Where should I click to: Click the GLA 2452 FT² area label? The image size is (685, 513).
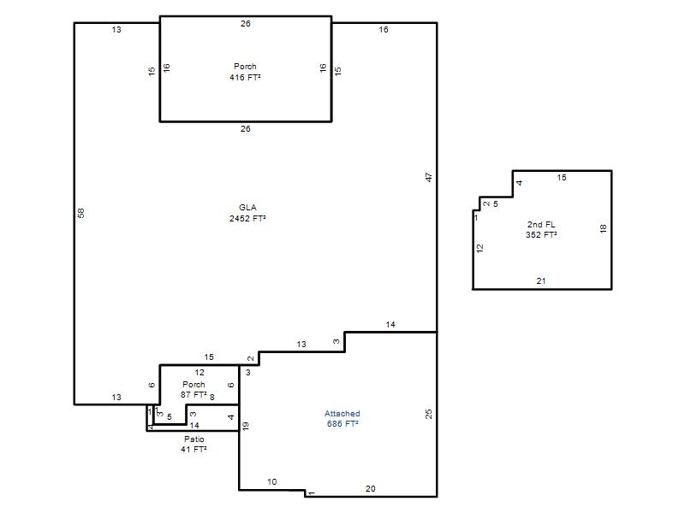[x=247, y=213]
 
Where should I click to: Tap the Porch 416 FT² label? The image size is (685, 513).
[x=245, y=72]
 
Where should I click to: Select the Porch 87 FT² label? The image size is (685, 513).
[x=194, y=390]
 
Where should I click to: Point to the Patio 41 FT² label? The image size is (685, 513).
[x=194, y=444]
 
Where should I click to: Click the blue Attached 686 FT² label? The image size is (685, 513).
[x=342, y=418]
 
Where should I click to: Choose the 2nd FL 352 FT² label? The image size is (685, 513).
[x=541, y=229]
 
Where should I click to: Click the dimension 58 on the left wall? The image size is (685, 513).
[x=80, y=213]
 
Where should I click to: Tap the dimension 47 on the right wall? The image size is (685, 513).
[x=429, y=177]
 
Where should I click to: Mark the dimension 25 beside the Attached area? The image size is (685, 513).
[x=429, y=414]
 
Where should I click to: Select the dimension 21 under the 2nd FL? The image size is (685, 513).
[x=541, y=281]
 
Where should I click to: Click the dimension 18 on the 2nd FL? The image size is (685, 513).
[x=604, y=228]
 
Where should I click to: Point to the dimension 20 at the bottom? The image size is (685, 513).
[x=370, y=488]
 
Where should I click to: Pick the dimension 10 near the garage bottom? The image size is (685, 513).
[x=271, y=481]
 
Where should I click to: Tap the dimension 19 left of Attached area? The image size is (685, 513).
[x=246, y=426]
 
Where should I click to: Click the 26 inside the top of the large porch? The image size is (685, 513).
[x=246, y=24]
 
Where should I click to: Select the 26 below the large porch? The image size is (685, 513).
[x=246, y=129]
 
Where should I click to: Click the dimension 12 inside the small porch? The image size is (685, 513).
[x=200, y=372]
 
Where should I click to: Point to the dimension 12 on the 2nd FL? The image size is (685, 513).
[x=480, y=248]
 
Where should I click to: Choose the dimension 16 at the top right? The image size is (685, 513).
[x=384, y=29]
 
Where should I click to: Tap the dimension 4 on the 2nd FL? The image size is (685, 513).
[x=520, y=183]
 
